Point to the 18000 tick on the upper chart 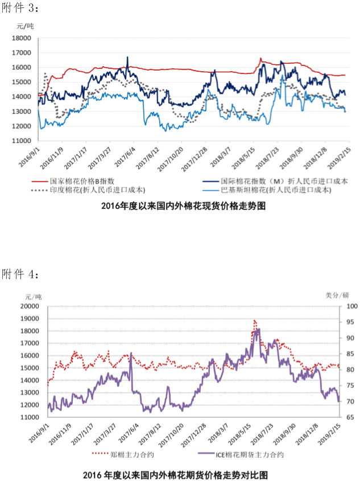pos(21,38)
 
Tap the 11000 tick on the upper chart pos(21,141)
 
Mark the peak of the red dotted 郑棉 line pos(254,321)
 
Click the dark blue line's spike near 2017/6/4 pos(127,57)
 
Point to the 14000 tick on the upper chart pos(21,97)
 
